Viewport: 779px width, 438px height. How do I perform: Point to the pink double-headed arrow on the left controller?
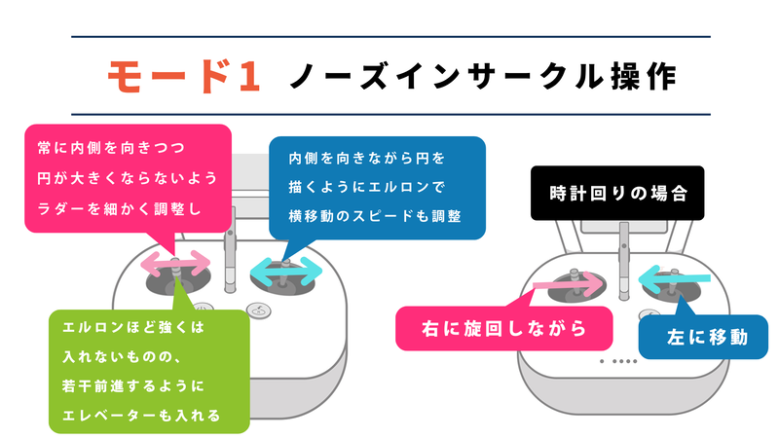click(x=175, y=263)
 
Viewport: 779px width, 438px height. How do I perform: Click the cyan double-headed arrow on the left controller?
click(x=287, y=270)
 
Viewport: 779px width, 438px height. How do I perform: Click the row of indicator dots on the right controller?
click(x=619, y=361)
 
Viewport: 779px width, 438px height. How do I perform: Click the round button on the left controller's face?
click(x=258, y=310)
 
